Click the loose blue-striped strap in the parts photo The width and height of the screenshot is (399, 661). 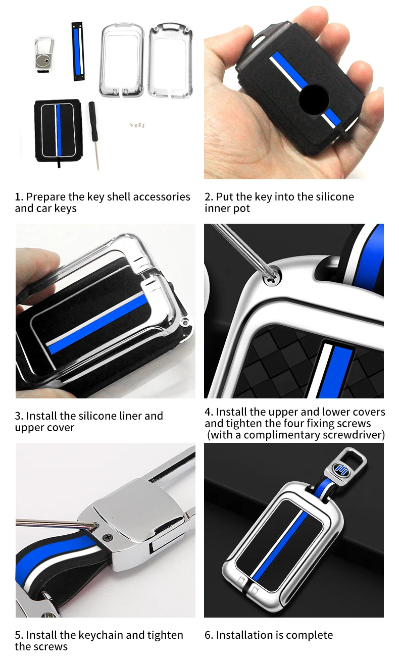(x=77, y=52)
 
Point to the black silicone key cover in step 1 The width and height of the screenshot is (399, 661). (x=58, y=130)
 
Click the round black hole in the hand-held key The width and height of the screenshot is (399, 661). (x=314, y=99)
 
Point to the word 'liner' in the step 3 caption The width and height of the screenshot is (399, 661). (x=127, y=416)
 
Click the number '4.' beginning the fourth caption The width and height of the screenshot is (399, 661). (x=209, y=412)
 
